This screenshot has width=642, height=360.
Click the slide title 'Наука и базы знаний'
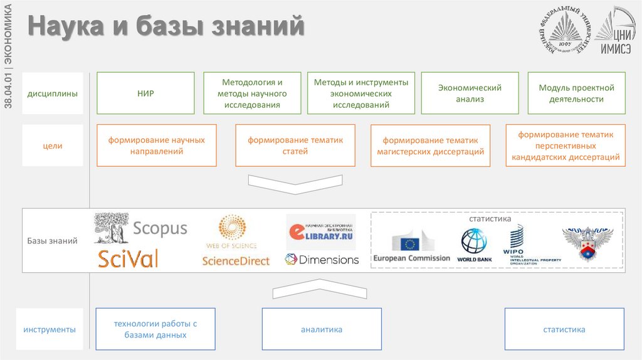tap(166, 27)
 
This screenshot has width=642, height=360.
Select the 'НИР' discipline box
tap(145, 93)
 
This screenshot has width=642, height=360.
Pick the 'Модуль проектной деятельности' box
tap(576, 93)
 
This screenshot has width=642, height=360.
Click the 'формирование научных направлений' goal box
tap(157, 146)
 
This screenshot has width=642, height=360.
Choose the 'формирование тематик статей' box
tap(295, 146)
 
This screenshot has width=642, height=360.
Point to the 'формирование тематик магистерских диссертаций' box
tap(430, 146)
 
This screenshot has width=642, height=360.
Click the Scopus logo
tap(140, 228)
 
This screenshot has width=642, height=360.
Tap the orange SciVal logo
tap(128, 258)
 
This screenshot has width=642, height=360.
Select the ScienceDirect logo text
tap(236, 260)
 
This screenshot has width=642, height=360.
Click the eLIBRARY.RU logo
tap(320, 233)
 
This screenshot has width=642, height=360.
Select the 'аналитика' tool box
tap(321, 329)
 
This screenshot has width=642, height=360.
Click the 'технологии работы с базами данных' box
tap(155, 329)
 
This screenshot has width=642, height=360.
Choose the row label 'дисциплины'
tap(53, 94)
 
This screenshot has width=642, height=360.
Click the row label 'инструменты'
tap(50, 329)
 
